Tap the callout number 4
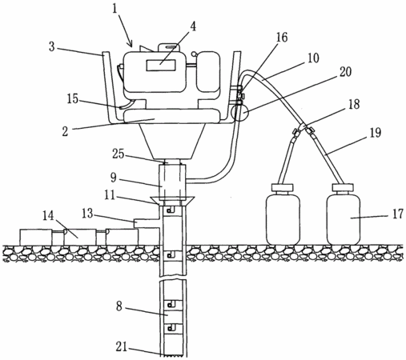click(193, 27)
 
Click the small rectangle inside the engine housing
click(161, 65)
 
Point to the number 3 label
click(52, 46)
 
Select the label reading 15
click(72, 99)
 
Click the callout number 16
click(281, 38)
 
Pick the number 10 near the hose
click(312, 58)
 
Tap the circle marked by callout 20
click(239, 112)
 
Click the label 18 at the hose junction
click(354, 104)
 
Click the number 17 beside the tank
click(397, 214)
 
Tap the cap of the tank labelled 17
click(343, 187)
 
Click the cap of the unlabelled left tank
click(282, 187)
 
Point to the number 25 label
click(119, 154)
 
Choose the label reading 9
click(114, 178)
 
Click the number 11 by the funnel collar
click(110, 196)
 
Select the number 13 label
click(87, 214)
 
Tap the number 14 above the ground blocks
click(49, 216)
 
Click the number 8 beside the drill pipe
click(119, 306)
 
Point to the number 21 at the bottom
click(122, 346)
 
